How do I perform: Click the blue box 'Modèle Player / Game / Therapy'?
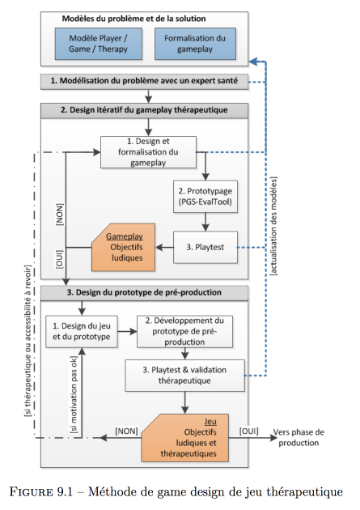pos(99,44)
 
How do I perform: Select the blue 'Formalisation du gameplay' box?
pos(195,44)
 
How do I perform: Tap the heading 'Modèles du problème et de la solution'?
pos(133,19)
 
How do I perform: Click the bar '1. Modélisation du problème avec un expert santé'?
pos(144,81)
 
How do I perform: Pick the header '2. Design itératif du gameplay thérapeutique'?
pos(144,111)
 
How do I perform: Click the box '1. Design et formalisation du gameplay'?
pos(148,152)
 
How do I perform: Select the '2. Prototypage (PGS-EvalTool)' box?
pos(205,197)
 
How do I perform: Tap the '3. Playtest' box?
pos(205,247)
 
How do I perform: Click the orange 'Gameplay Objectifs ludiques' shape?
pos(123,247)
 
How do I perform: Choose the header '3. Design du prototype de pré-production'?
pos(144,293)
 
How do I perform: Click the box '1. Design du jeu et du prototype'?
pos(82,331)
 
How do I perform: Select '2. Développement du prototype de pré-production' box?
pos(184,331)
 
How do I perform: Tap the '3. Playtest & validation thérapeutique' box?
pos(184,376)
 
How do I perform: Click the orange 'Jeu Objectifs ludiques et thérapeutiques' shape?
pos(185,438)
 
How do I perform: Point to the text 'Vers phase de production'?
pos(299,437)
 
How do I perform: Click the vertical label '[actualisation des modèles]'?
pos(274,226)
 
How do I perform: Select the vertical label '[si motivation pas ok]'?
pos(74,394)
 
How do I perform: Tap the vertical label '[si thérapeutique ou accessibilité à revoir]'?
pos(28,341)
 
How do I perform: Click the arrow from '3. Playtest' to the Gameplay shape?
pos(164,248)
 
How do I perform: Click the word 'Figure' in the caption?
pos(31,491)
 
